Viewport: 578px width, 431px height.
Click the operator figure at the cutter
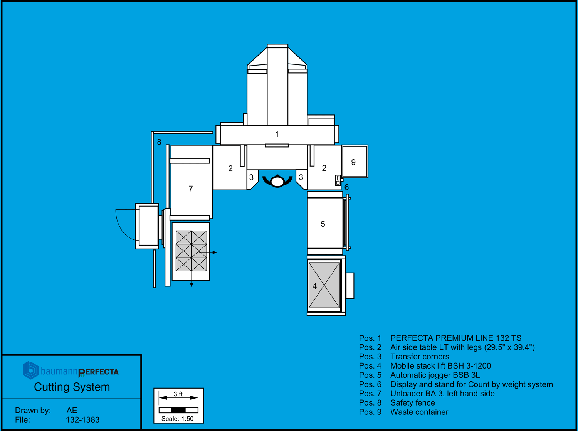[277, 180]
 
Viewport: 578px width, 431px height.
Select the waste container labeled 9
[355, 162]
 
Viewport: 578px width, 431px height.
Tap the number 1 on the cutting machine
[277, 134]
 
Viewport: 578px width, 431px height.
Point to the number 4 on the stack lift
[314, 286]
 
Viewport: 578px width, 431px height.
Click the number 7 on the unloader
[190, 189]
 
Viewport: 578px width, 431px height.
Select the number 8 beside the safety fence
[159, 142]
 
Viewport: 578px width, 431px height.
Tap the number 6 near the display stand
[346, 187]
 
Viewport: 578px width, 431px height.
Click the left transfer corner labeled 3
[252, 178]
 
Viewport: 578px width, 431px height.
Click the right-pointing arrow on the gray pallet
[214, 253]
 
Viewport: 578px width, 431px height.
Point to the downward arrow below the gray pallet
[192, 285]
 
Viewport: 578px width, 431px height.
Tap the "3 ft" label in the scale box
[178, 394]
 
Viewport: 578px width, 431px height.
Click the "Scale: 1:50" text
[177, 419]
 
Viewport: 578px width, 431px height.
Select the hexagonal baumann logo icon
[30, 370]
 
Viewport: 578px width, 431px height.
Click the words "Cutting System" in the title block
[72, 387]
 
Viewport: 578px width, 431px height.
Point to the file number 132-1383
[82, 419]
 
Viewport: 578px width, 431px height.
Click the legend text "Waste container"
[419, 412]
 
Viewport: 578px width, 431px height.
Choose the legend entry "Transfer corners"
[420, 357]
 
